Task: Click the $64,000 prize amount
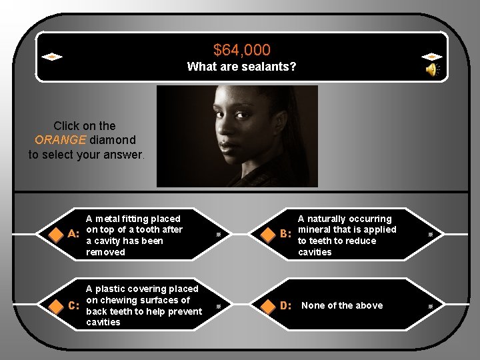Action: tap(241, 50)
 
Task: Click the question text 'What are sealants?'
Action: tap(241, 67)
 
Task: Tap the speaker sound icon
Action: tap(432, 69)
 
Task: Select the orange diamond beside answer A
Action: tap(55, 234)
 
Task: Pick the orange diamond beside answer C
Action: tap(55, 305)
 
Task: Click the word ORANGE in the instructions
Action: tap(59, 140)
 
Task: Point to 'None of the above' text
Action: tap(342, 305)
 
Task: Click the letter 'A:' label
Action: tap(75, 235)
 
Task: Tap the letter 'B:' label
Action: tap(286, 235)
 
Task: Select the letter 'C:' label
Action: tap(75, 306)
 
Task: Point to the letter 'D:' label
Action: tap(286, 306)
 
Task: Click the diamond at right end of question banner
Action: tap(432, 57)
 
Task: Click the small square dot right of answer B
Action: tap(431, 235)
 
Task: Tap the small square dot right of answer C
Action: tap(219, 306)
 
